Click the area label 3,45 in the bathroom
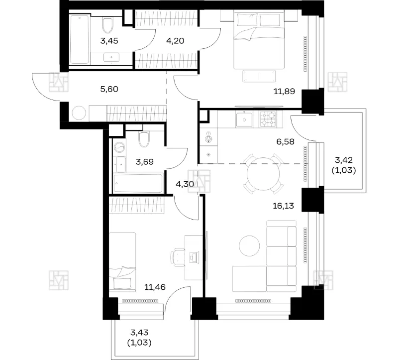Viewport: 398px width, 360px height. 109,41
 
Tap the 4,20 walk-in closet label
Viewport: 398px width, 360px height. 175,41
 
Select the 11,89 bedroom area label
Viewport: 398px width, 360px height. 284,91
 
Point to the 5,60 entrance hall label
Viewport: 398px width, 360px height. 109,89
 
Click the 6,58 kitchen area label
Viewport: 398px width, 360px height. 285,141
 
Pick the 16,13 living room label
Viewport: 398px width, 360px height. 283,206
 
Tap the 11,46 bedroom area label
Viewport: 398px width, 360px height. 155,287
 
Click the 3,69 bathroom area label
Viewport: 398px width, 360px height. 145,162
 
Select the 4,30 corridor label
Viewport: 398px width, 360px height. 185,184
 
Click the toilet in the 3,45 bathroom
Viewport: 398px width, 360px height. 107,24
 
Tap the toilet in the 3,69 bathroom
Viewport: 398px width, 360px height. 144,139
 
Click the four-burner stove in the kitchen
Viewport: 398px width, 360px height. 268,120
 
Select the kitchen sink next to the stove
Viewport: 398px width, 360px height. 244,120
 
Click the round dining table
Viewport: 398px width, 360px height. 263,174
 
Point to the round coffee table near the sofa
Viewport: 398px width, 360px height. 249,245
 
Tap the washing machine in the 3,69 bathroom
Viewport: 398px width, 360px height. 119,147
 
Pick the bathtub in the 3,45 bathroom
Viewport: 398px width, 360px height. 80,39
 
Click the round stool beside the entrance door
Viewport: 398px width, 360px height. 79,113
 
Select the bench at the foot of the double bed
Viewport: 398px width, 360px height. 259,76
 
